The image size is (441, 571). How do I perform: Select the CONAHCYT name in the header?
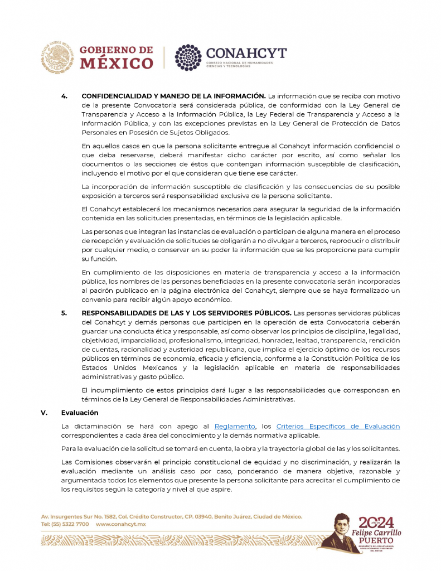[246, 53]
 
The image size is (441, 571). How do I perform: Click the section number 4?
[64, 96]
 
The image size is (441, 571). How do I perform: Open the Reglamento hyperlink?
[235, 427]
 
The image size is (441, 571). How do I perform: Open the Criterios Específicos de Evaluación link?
[338, 427]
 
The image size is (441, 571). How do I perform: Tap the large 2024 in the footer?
[376, 522]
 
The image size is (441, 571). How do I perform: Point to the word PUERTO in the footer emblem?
[376, 541]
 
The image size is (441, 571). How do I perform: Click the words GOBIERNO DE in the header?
[116, 50]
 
